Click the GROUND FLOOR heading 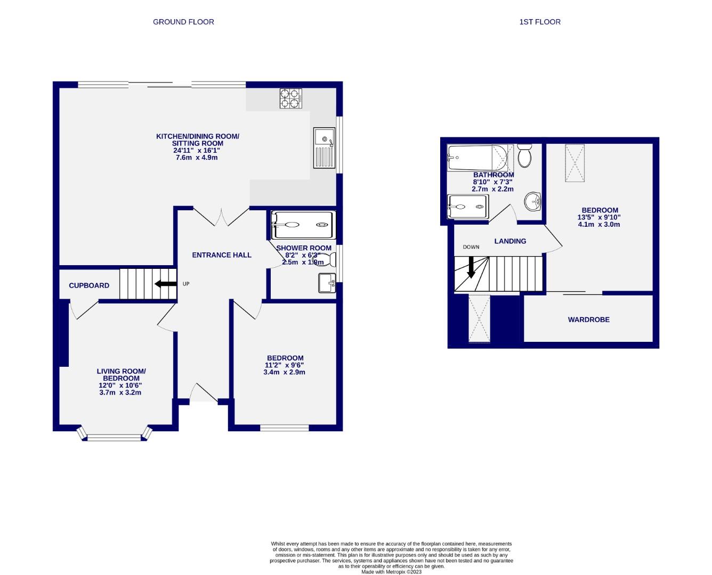(x=183, y=22)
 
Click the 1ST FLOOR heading (x=540, y=22)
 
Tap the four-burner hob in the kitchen (x=290, y=98)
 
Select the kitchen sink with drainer (x=324, y=147)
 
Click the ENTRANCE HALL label (x=222, y=255)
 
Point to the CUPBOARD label (x=89, y=285)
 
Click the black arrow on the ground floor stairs (x=165, y=284)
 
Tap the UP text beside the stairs (x=186, y=284)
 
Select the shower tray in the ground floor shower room (x=303, y=225)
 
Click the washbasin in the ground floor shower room (x=327, y=283)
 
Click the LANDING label (x=510, y=241)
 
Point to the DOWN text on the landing (x=471, y=247)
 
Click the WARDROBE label (x=588, y=319)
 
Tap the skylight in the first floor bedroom (x=575, y=162)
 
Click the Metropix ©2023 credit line (x=391, y=572)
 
